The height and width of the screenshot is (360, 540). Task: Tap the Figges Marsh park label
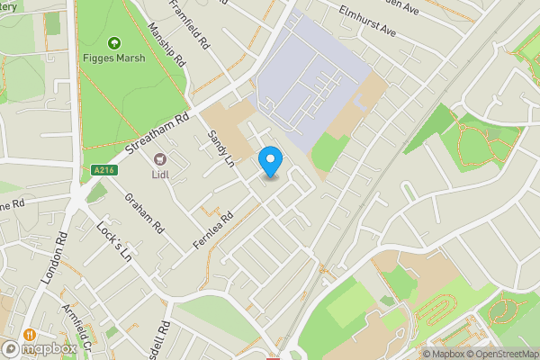pyautogui.click(x=115, y=60)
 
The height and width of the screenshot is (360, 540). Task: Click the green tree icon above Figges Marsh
pyautogui.click(x=114, y=42)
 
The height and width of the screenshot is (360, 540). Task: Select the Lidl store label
pyautogui.click(x=161, y=175)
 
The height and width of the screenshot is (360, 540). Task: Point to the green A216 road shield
pyautogui.click(x=103, y=168)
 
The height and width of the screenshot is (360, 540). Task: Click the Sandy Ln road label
pyautogui.click(x=220, y=148)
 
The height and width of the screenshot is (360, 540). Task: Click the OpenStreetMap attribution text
pyautogui.click(x=503, y=353)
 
